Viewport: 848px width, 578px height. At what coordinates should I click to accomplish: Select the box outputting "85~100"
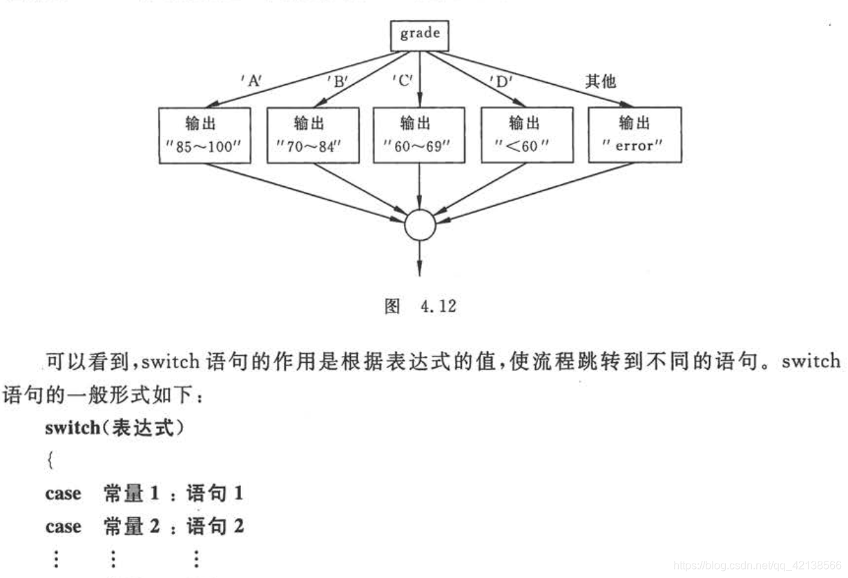[x=204, y=134]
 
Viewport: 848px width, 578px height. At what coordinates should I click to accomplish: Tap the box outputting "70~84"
[x=312, y=134]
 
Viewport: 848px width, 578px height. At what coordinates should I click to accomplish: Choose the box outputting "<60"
[x=528, y=134]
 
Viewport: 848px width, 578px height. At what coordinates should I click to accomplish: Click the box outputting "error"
[x=635, y=134]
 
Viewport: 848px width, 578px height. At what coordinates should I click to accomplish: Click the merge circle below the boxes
[x=420, y=224]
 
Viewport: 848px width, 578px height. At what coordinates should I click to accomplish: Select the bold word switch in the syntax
[x=73, y=428]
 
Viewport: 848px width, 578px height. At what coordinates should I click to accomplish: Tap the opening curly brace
[x=49, y=461]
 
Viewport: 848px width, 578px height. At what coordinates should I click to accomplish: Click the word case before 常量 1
[x=63, y=495]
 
